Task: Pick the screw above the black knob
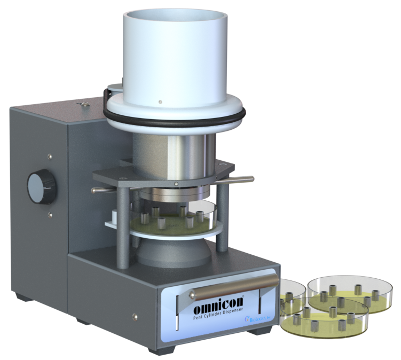(50, 157)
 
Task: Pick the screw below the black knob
(50, 214)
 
